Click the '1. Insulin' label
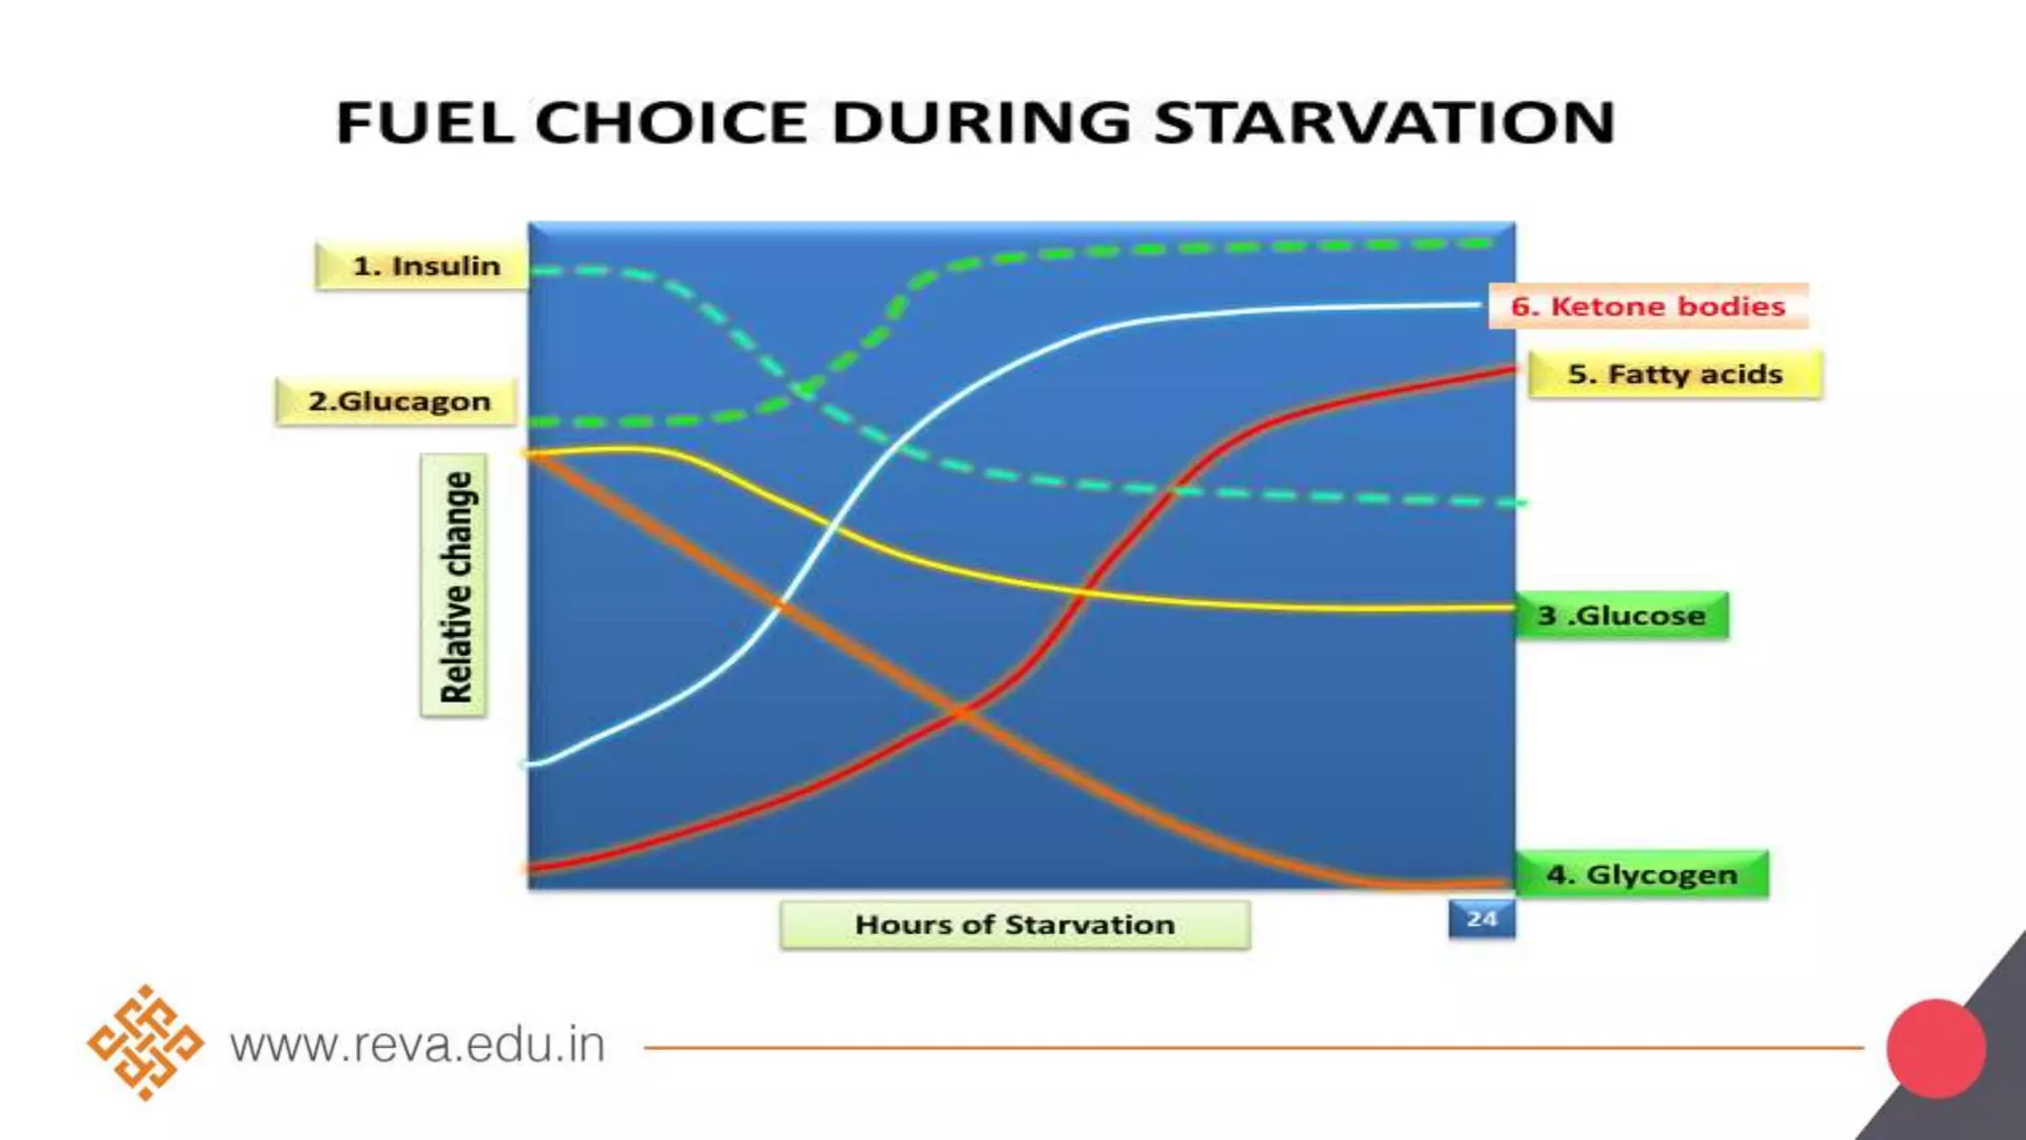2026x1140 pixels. point(422,265)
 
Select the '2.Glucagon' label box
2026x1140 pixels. point(397,402)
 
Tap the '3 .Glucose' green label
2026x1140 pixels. point(1621,616)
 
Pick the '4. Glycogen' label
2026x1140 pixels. point(1642,875)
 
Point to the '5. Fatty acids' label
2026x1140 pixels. point(1675,374)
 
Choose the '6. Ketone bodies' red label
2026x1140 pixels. point(1648,306)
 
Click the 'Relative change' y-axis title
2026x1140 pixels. point(454,586)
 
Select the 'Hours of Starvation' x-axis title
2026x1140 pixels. point(1015,924)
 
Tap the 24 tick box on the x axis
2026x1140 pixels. point(1482,918)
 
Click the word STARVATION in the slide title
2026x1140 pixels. point(1384,123)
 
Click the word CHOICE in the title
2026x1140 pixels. point(673,123)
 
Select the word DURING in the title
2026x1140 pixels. point(981,123)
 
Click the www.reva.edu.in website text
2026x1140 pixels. point(417,1045)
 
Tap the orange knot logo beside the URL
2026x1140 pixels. point(145,1042)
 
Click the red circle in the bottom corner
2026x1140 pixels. point(1936,1049)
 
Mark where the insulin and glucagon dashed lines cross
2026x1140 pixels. point(803,391)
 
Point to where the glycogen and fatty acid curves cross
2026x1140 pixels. point(962,711)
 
